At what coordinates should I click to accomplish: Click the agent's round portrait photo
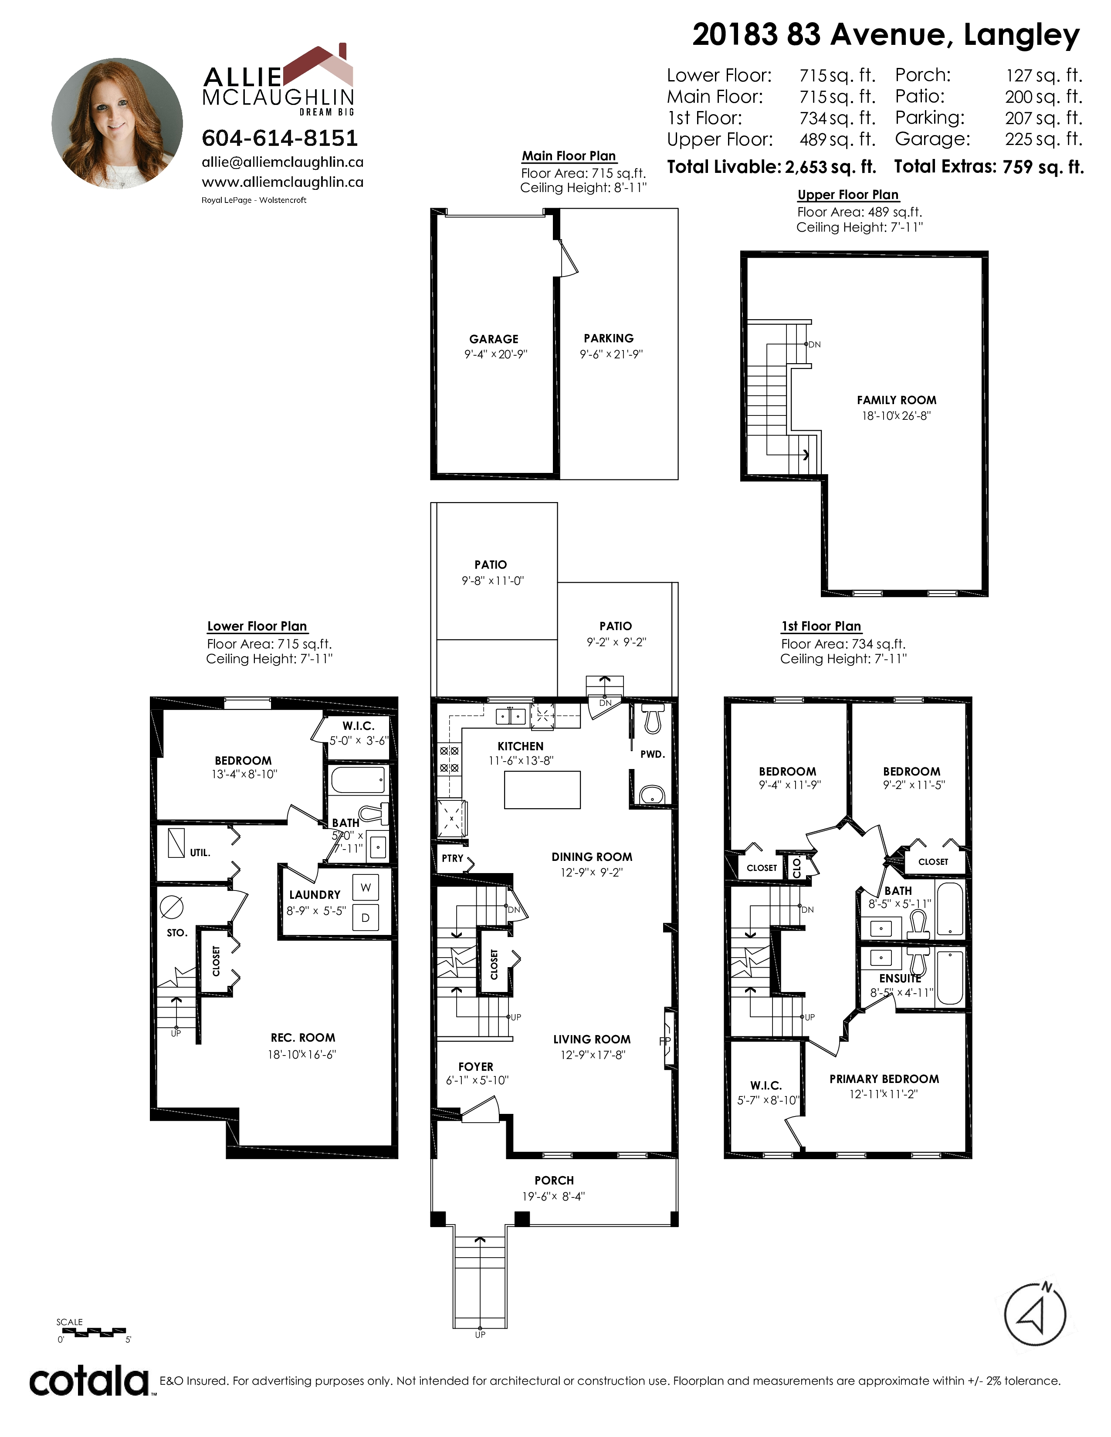point(117,124)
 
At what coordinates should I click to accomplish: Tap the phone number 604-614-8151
point(280,138)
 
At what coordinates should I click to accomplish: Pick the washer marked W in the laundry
point(365,887)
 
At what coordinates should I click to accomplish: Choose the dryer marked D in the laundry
point(365,917)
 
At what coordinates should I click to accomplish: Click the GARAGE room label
point(494,339)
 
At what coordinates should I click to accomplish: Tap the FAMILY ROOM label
point(897,400)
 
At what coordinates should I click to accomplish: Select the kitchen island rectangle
point(542,789)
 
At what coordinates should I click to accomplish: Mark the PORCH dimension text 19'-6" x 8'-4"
point(553,1196)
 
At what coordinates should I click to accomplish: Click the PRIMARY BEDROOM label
point(884,1079)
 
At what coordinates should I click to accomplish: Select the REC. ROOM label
point(303,1038)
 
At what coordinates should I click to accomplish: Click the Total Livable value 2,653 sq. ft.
point(830,167)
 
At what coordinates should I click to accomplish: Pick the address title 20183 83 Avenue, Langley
point(886,35)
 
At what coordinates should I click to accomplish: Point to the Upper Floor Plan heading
point(848,195)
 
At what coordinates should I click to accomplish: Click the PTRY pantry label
point(452,858)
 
